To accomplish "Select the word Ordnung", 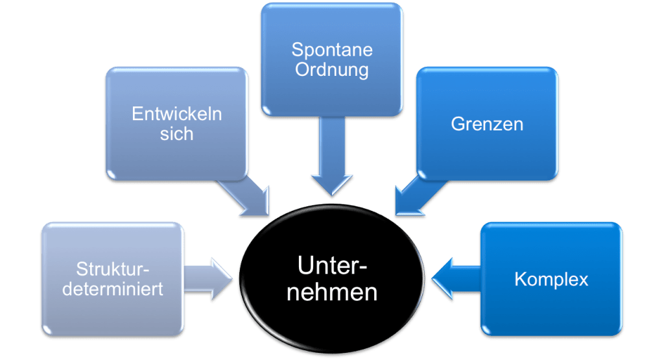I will pyautogui.click(x=331, y=69).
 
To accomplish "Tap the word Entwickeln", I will pyautogui.click(x=176, y=114).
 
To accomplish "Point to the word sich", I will pyautogui.click(x=176, y=134).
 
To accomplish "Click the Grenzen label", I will pyautogui.click(x=486, y=124).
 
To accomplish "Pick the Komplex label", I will pyautogui.click(x=551, y=280).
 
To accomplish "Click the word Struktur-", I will pyautogui.click(x=113, y=269).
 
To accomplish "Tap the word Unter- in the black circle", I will pyautogui.click(x=332, y=267).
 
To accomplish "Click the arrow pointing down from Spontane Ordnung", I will pyautogui.click(x=331, y=162).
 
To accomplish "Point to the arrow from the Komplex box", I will pyautogui.click(x=454, y=280).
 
